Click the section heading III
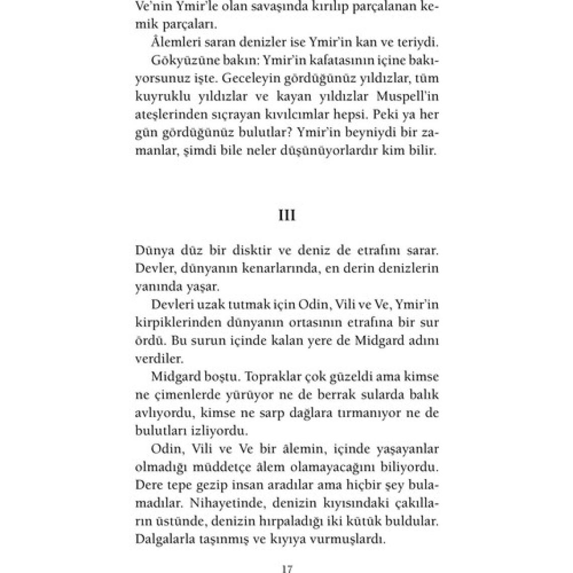pos(286,215)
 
